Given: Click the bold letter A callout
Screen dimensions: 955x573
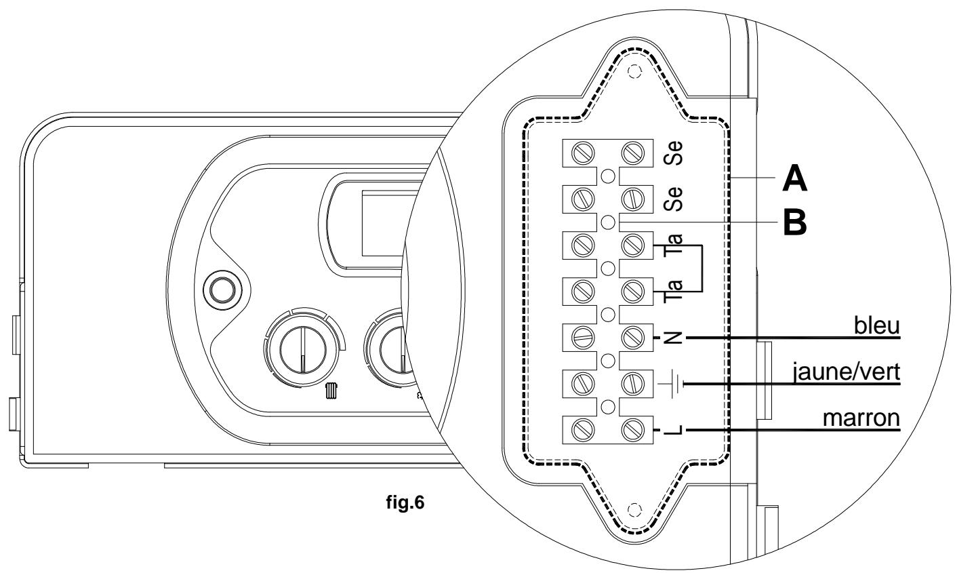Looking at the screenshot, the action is pyautogui.click(x=794, y=179).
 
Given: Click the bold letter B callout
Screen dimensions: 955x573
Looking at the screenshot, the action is pyautogui.click(x=795, y=222).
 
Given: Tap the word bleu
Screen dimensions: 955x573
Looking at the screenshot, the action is pyautogui.click(x=877, y=325).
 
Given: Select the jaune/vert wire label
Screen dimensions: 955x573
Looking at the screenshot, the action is pyautogui.click(x=847, y=372).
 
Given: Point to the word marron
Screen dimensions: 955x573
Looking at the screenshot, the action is pyautogui.click(x=861, y=418).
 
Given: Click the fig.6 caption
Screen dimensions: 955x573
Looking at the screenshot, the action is pyautogui.click(x=405, y=502).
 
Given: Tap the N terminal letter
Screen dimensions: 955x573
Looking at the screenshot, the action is pyautogui.click(x=673, y=338).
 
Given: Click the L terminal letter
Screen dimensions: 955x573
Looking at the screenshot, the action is pyautogui.click(x=673, y=431).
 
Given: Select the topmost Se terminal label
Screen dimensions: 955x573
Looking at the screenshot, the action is pyautogui.click(x=673, y=153).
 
